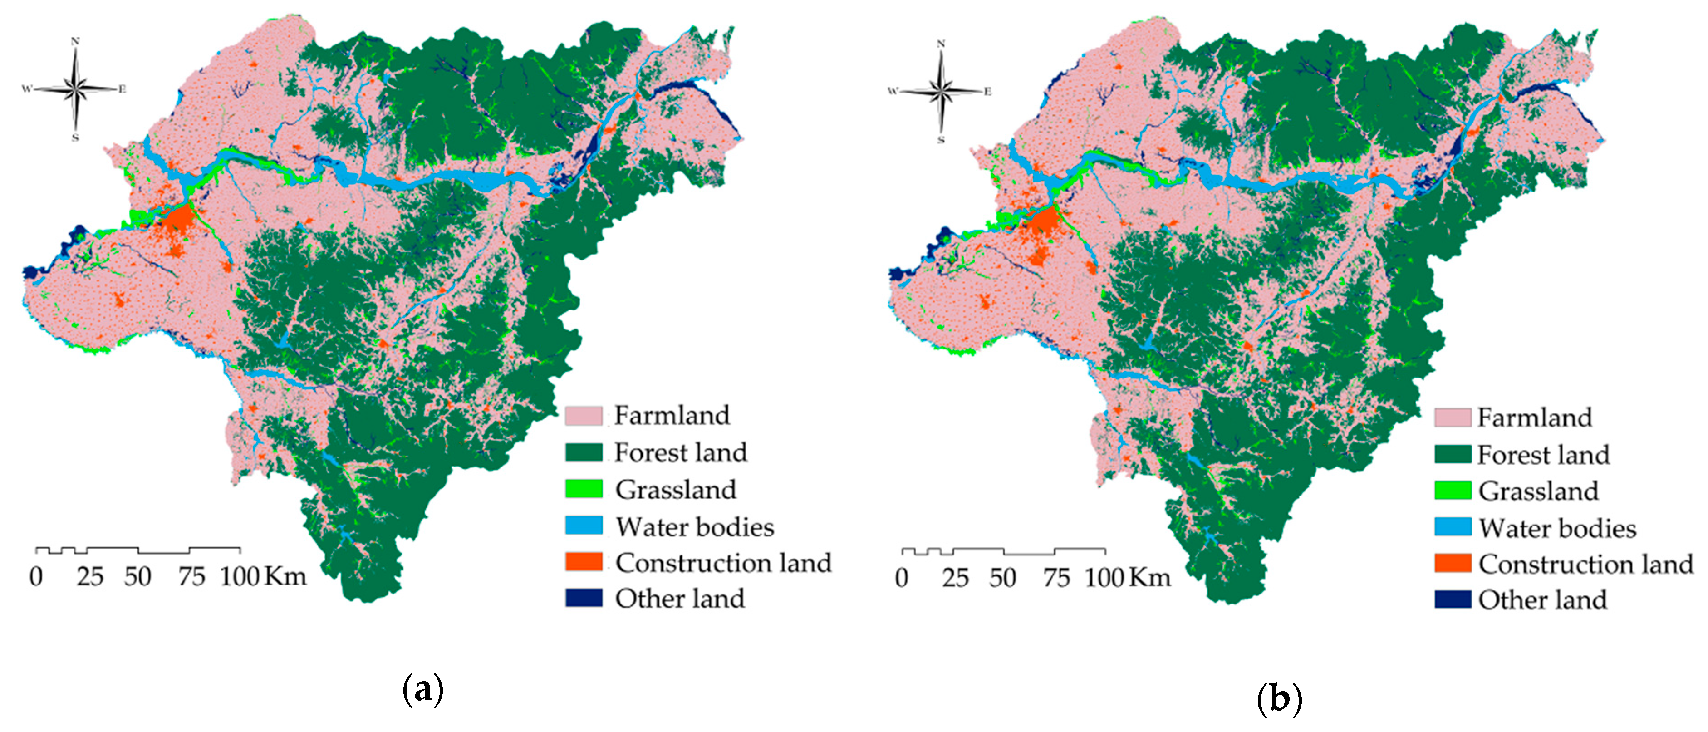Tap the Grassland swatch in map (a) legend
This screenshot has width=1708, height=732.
click(x=584, y=489)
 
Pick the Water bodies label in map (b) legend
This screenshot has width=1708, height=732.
click(x=1557, y=528)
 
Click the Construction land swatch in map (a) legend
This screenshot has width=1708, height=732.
click(x=584, y=562)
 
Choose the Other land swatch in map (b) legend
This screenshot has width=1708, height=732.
click(x=1453, y=599)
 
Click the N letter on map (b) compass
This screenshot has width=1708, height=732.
click(x=940, y=44)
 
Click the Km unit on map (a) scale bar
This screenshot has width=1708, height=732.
click(x=286, y=576)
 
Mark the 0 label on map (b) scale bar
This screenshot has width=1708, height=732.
click(x=902, y=578)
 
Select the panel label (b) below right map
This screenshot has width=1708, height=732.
click(x=1279, y=699)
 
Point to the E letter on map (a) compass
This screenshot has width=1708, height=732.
click(x=122, y=89)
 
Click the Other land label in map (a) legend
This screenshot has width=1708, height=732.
click(x=680, y=599)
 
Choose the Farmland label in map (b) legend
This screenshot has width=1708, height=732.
click(x=1534, y=418)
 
